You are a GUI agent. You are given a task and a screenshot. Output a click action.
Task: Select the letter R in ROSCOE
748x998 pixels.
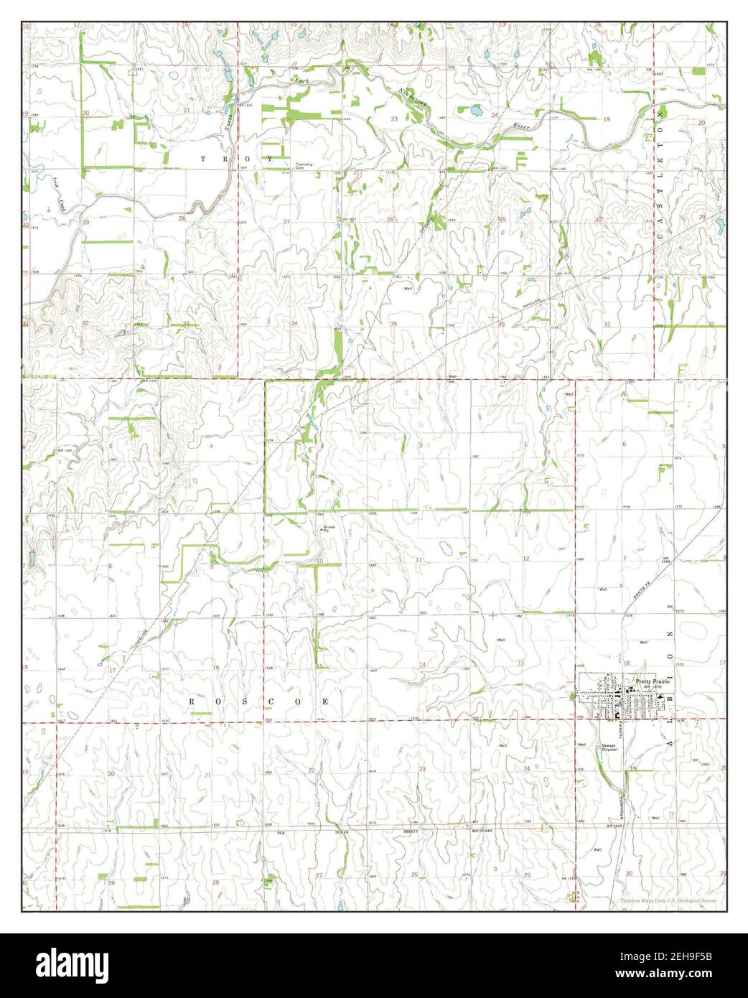click(x=192, y=700)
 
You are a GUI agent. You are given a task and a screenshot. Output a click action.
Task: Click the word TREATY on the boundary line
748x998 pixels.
click(x=411, y=831)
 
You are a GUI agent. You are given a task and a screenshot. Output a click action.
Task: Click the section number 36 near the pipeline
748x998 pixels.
click(x=501, y=325)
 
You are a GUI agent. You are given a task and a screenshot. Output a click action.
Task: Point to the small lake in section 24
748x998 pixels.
click(x=474, y=111)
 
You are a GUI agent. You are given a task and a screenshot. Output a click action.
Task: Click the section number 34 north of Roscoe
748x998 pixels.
click(x=294, y=324)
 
